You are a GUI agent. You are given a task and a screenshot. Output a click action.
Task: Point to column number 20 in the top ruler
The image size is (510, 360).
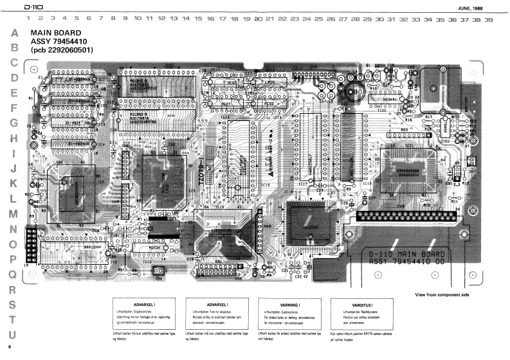(x=259, y=20)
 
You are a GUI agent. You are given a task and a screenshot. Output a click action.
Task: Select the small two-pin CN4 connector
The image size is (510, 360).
(x=158, y=273)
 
